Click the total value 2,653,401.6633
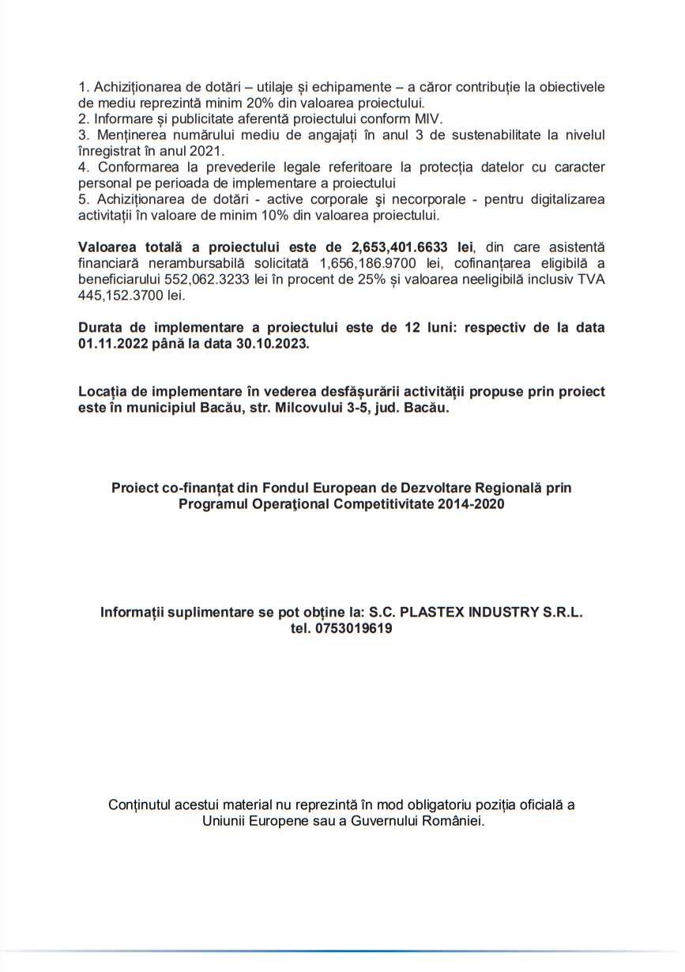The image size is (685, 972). [x=403, y=247]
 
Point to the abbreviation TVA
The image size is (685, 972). [x=590, y=280]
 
